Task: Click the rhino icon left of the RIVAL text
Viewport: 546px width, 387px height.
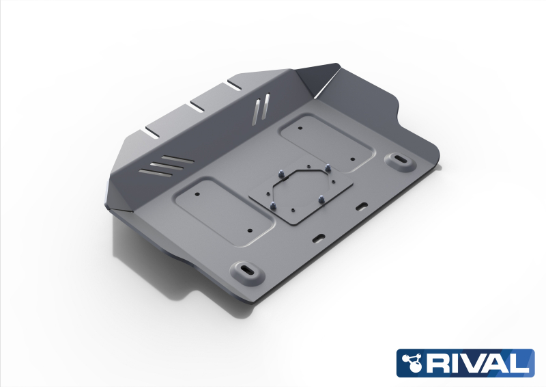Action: point(412,362)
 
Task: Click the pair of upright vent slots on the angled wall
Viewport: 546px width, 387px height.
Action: point(258,110)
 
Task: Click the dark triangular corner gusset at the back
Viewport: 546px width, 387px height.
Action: point(319,81)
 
